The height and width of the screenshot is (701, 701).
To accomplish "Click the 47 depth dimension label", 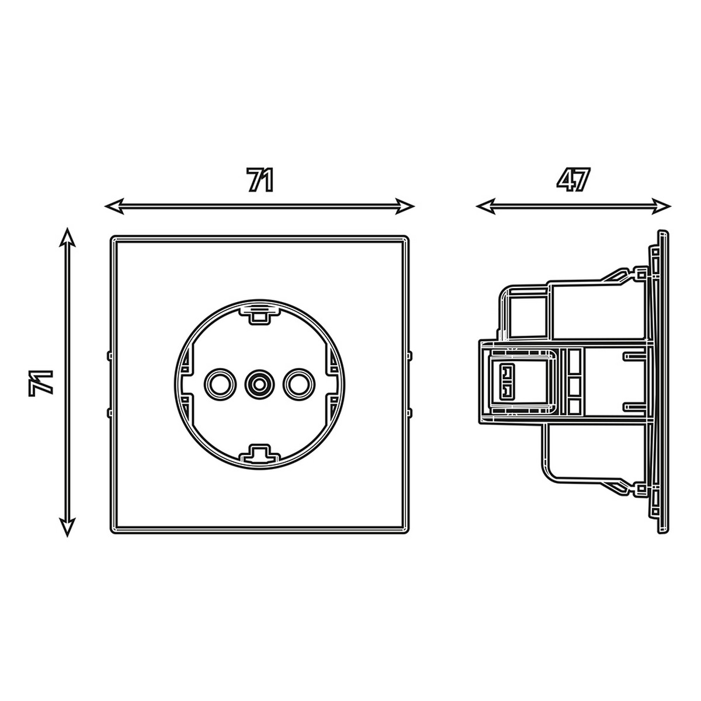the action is click(x=572, y=179).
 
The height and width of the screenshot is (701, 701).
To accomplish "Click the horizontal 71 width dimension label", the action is click(x=260, y=179).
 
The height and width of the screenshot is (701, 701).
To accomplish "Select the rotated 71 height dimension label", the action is click(x=41, y=383).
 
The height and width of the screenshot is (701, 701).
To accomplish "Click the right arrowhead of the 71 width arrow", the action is click(x=405, y=206).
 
